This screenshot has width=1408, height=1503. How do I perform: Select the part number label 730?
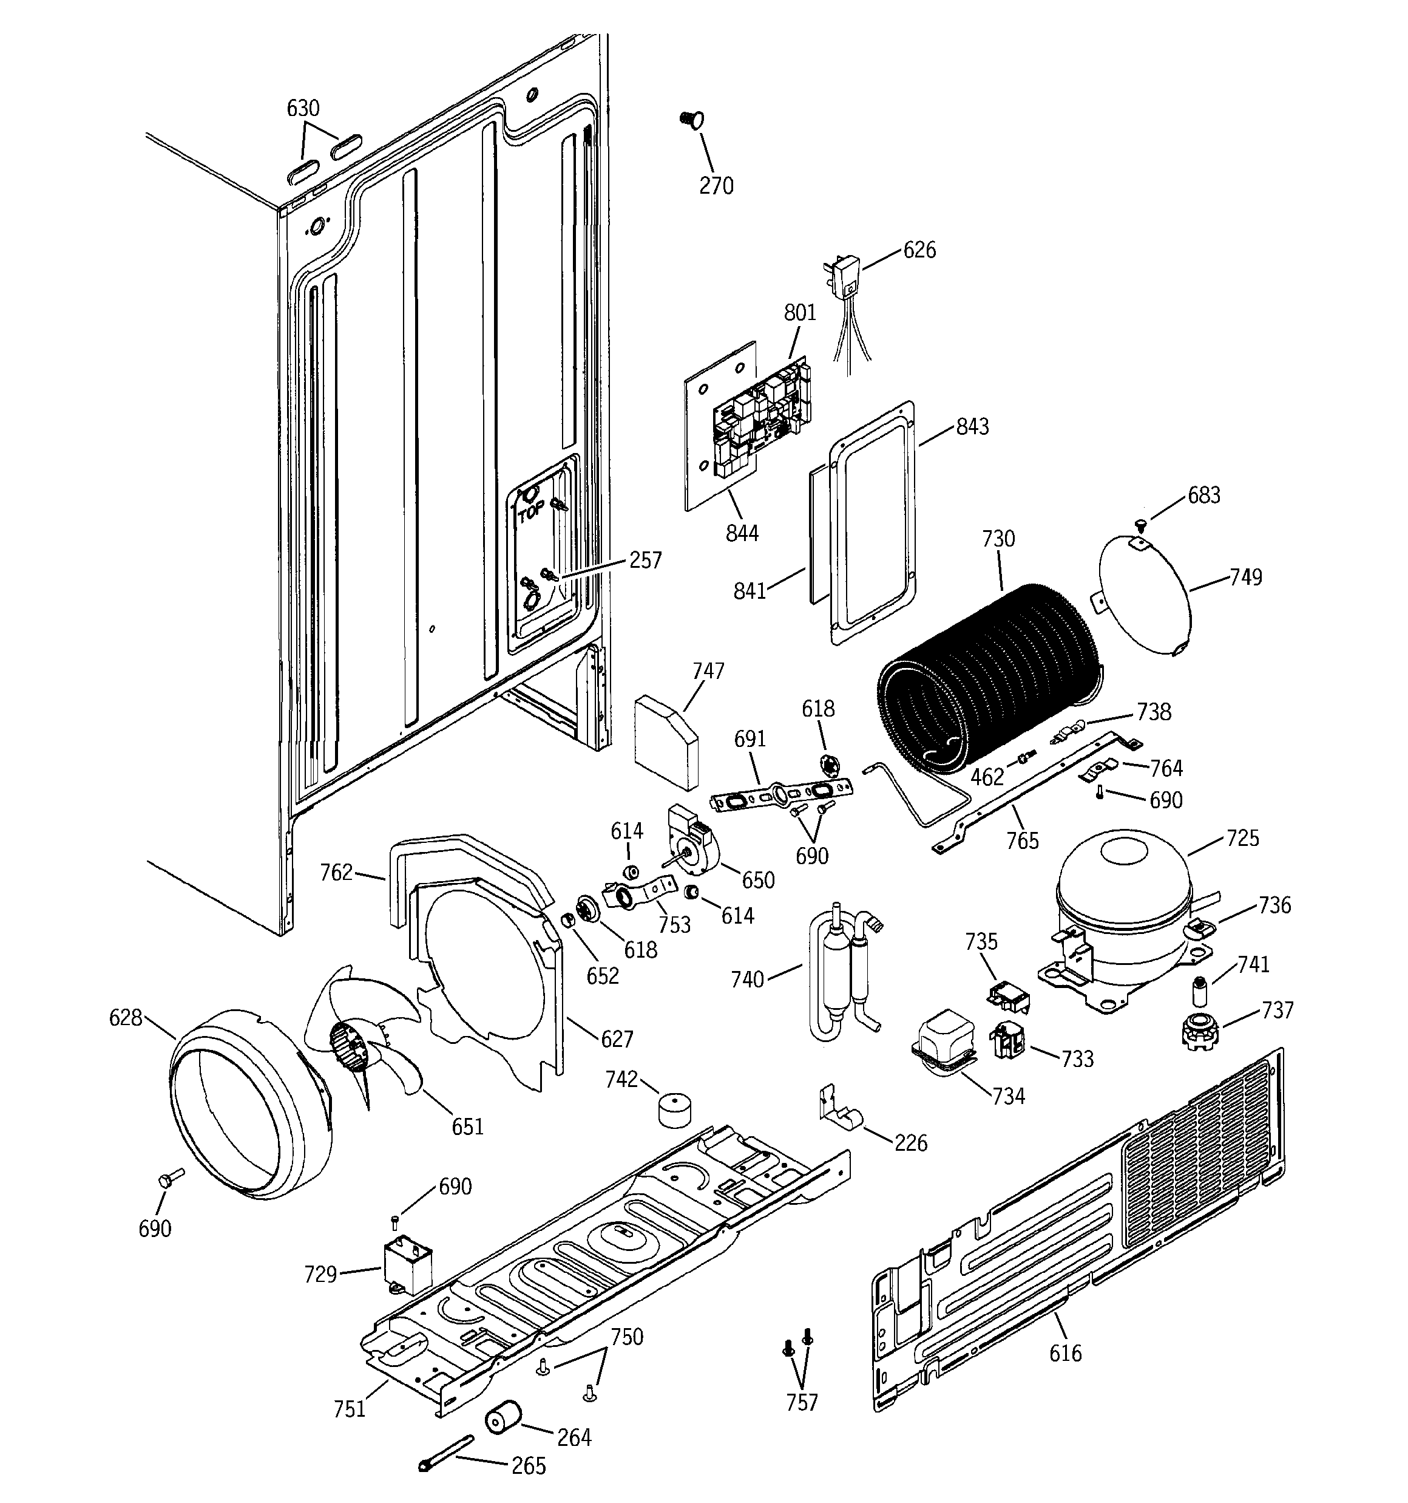(998, 539)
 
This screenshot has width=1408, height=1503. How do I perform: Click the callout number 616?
(1065, 1352)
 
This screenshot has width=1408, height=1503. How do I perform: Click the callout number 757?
(802, 1402)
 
